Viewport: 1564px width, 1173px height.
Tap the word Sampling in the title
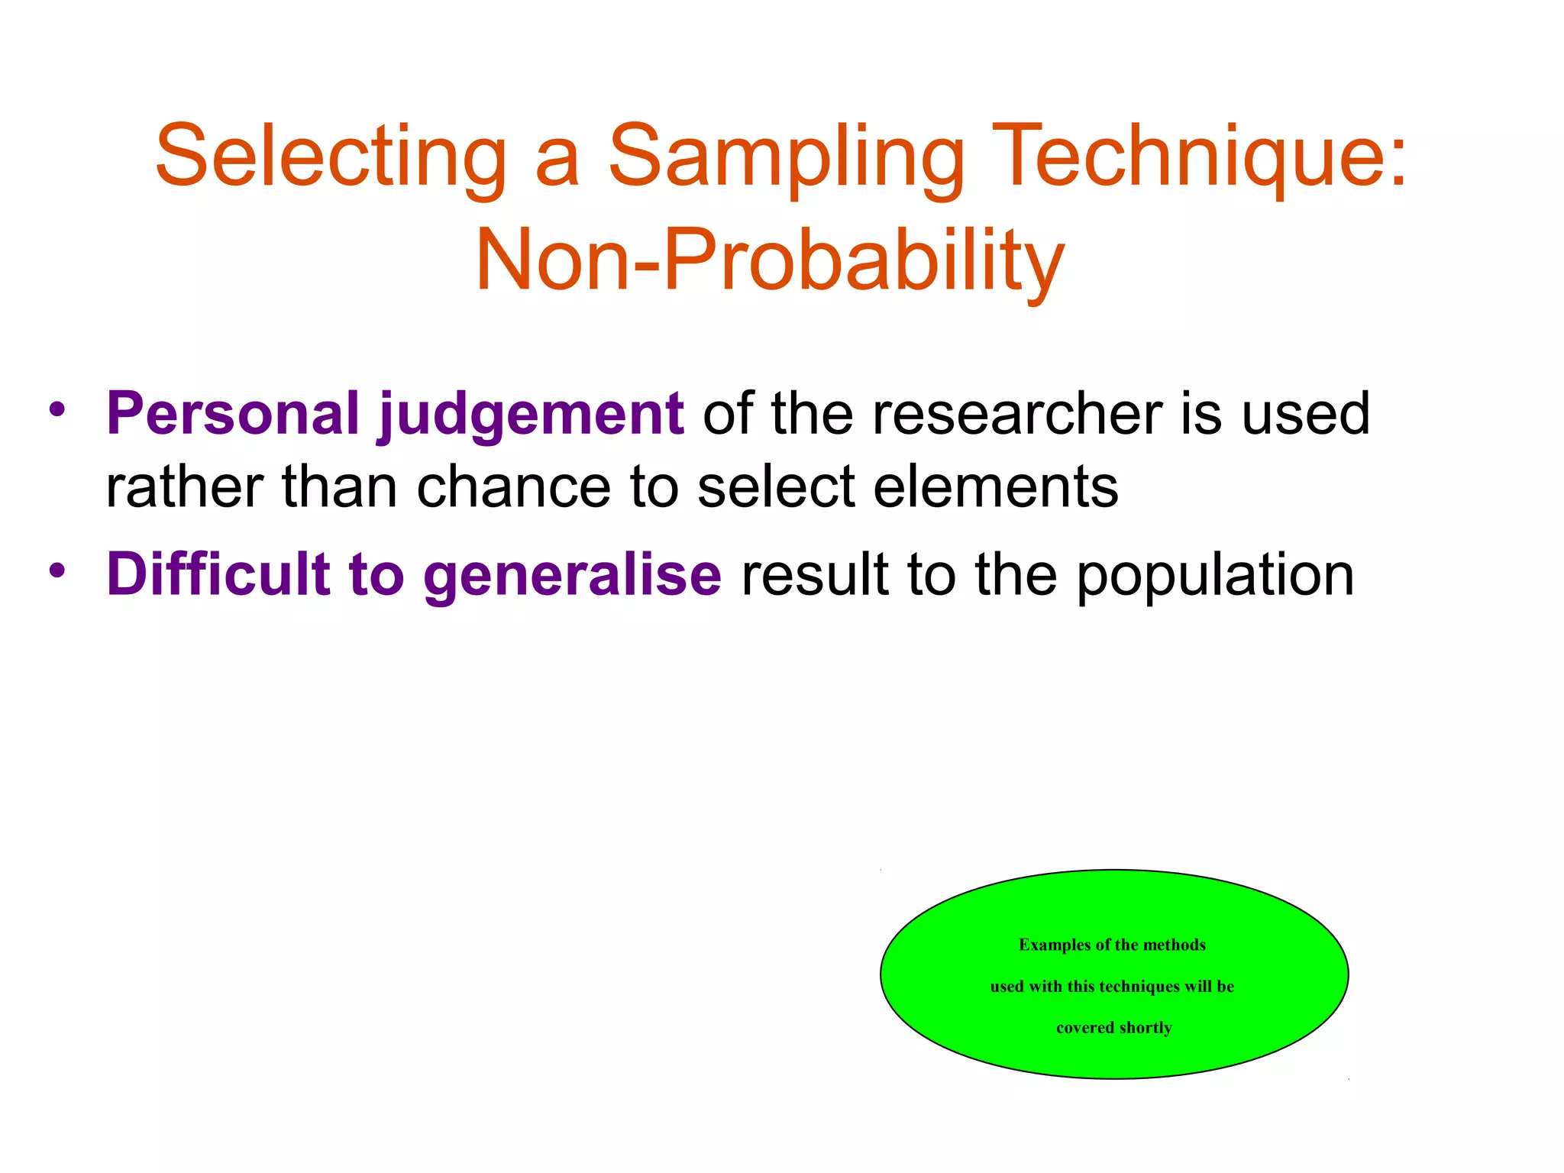[786, 157]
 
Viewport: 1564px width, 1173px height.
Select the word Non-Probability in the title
[770, 261]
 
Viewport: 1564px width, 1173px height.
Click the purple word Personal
[233, 414]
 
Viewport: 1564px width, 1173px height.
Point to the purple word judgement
[531, 414]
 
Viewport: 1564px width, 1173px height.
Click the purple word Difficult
[218, 574]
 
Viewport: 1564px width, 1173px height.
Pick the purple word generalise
[572, 574]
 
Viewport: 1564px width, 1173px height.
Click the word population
[1215, 574]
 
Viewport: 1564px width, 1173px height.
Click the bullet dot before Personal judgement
[57, 409]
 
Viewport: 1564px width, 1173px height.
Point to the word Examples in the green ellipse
[1055, 945]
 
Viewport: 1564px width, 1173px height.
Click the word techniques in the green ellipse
[1140, 986]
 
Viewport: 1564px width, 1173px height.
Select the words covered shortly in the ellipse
[1113, 1028]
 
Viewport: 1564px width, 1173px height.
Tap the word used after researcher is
[1306, 414]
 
